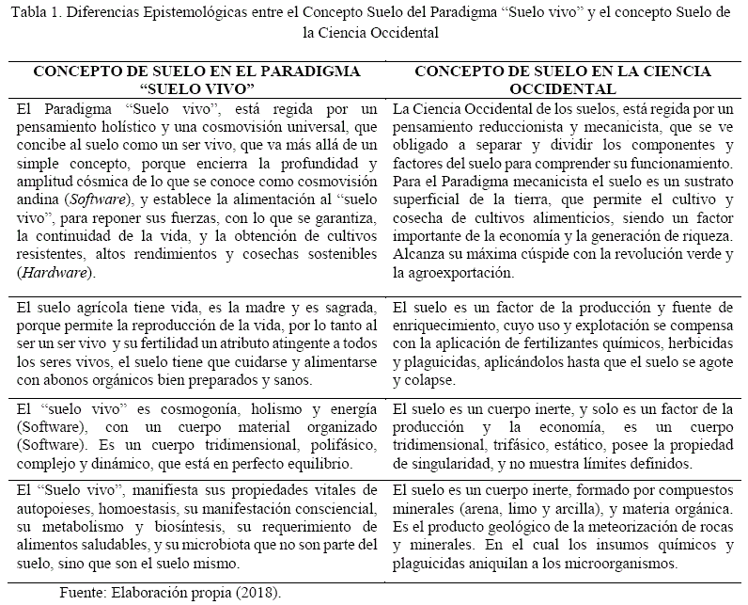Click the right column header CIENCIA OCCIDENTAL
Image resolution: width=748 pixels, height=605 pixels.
563,80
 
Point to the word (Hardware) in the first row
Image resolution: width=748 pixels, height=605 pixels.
51,272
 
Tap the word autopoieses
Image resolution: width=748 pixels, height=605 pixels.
58,509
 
